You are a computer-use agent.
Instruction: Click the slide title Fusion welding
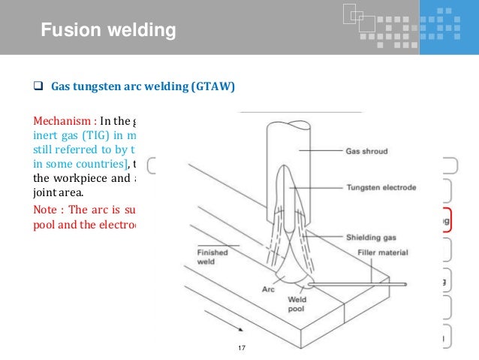pos(108,31)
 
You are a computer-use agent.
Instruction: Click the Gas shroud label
pos(366,150)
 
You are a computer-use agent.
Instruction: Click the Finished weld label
pos(212,258)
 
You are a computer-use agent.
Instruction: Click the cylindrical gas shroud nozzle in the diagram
pos(283,143)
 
